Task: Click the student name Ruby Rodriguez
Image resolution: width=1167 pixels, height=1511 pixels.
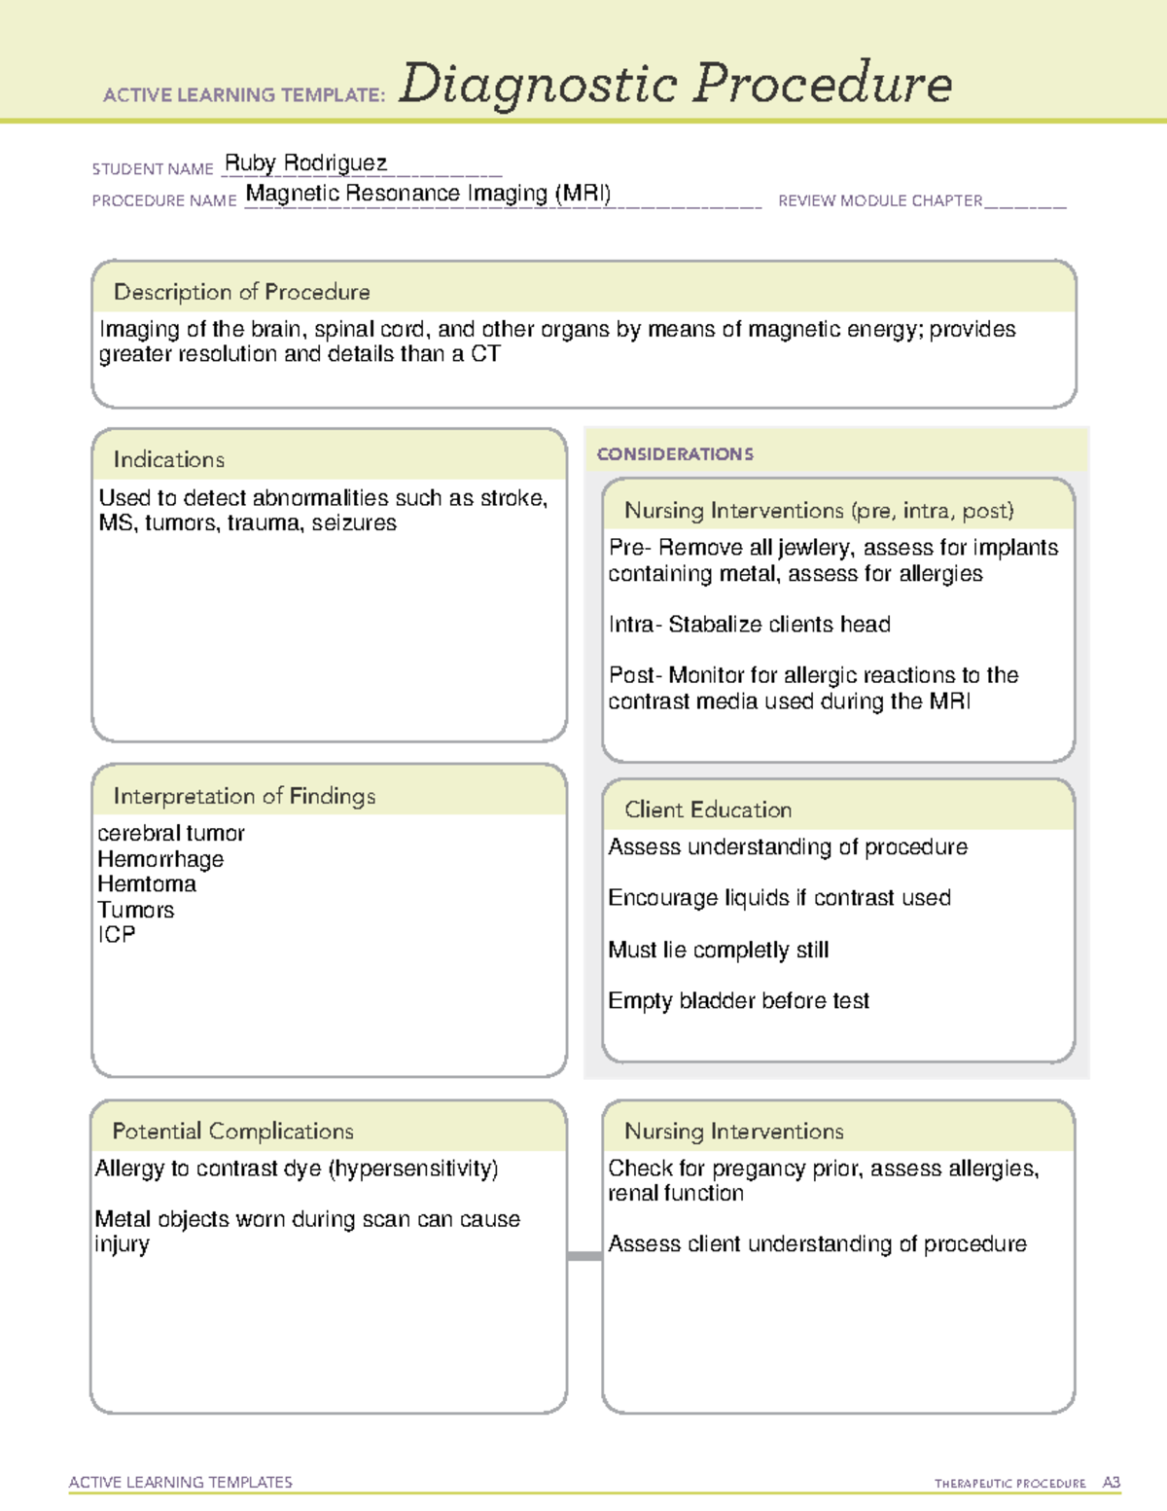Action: [x=305, y=162]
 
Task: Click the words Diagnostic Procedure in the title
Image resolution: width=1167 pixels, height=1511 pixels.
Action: [x=675, y=84]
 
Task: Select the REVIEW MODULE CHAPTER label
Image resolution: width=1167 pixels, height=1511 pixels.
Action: [x=879, y=200]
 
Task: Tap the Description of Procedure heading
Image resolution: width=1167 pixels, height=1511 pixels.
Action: [x=241, y=292]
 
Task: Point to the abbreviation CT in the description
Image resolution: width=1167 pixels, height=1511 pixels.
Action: [x=485, y=354]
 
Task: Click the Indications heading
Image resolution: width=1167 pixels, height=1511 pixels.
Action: [x=168, y=459]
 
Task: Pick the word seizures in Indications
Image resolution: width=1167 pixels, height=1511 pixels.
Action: [x=354, y=523]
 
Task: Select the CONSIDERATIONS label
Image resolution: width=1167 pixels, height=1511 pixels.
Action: [x=675, y=454]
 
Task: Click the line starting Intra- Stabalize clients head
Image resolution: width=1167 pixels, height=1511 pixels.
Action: [x=749, y=625]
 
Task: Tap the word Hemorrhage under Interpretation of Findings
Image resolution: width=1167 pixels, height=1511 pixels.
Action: [x=160, y=859]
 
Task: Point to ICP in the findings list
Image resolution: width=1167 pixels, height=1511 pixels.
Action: [x=116, y=935]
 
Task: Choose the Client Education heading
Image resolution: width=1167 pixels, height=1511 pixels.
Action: [x=708, y=809]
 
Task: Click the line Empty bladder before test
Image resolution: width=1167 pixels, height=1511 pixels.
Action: [x=738, y=1001]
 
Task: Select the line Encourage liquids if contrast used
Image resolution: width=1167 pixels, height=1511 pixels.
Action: [x=779, y=898]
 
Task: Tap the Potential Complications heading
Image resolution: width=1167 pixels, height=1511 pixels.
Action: [x=232, y=1131]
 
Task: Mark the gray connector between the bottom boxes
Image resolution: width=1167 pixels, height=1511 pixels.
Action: [x=584, y=1256]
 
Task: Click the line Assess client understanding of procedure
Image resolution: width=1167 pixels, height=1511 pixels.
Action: [x=817, y=1244]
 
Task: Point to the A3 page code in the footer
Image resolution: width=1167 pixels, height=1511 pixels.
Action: [x=1111, y=1483]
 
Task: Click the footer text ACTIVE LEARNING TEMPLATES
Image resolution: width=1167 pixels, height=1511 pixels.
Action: [x=180, y=1482]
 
